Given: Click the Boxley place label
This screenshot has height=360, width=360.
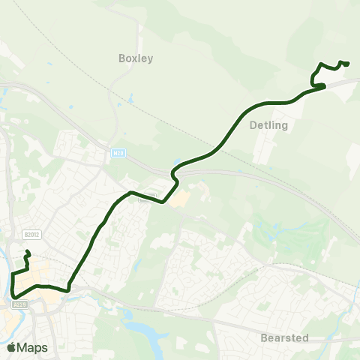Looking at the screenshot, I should coord(136,58).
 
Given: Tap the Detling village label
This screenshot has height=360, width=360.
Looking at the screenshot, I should coord(268,126).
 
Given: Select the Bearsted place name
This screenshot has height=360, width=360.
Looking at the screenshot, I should coord(284,338).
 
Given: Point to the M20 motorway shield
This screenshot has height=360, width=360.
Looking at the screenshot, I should coord(118,152).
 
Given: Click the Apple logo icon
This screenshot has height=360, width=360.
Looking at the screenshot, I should coord(11,347).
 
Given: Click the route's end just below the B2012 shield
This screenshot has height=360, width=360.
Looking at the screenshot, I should coord(27,252).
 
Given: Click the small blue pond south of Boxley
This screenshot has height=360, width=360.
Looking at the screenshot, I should coord(131,98).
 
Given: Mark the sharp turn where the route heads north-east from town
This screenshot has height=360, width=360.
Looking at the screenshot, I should coord(68,289).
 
